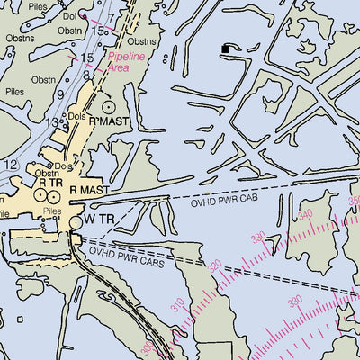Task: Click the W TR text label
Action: click(x=102, y=219)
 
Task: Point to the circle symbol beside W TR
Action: click(x=76, y=220)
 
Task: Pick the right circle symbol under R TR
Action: click(x=56, y=194)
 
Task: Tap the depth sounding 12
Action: click(x=10, y=165)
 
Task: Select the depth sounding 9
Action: click(x=60, y=94)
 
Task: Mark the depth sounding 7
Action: click(x=110, y=17)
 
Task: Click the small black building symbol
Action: click(x=226, y=49)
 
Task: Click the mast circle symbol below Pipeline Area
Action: click(x=109, y=105)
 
